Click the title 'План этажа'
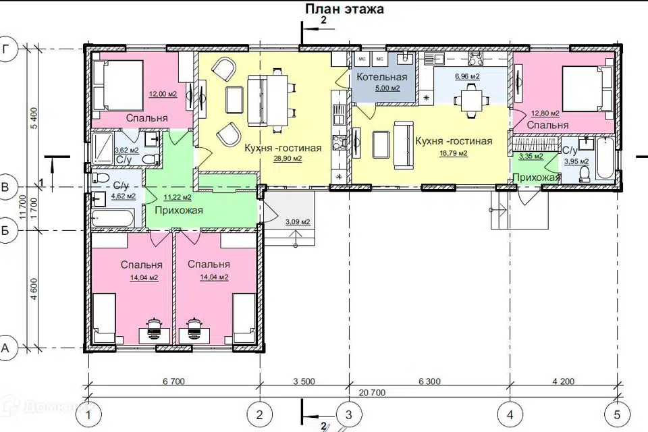(344, 9)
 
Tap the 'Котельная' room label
(381, 77)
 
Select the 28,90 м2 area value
(288, 159)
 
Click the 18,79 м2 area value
(454, 153)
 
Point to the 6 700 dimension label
(173, 381)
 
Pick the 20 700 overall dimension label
(372, 392)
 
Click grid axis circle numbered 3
(348, 414)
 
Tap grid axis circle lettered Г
(6, 49)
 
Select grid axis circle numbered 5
(617, 414)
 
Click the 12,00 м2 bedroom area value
(163, 94)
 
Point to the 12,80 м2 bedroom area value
(545, 113)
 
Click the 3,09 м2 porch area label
(298, 222)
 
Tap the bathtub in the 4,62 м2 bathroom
(113, 217)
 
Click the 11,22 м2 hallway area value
(178, 197)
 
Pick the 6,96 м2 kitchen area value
(467, 76)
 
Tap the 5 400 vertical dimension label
(34, 118)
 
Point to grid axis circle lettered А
(6, 348)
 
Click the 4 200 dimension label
(563, 381)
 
